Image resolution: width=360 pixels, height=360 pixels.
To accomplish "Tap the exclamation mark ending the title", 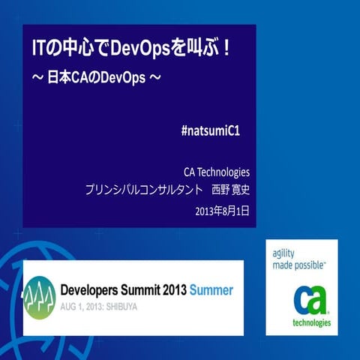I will coord(227,49).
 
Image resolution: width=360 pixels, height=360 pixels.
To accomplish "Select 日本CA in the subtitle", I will coord(61,76).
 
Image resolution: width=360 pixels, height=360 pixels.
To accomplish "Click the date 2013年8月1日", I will coord(221,211).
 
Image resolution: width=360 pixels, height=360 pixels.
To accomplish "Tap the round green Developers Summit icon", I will coord(39,295).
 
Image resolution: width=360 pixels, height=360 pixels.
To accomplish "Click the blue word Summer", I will coord(211,290).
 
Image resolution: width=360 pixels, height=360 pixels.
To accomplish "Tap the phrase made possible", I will coord(298,265).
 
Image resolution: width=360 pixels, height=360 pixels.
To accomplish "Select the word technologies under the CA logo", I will coord(310,323).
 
